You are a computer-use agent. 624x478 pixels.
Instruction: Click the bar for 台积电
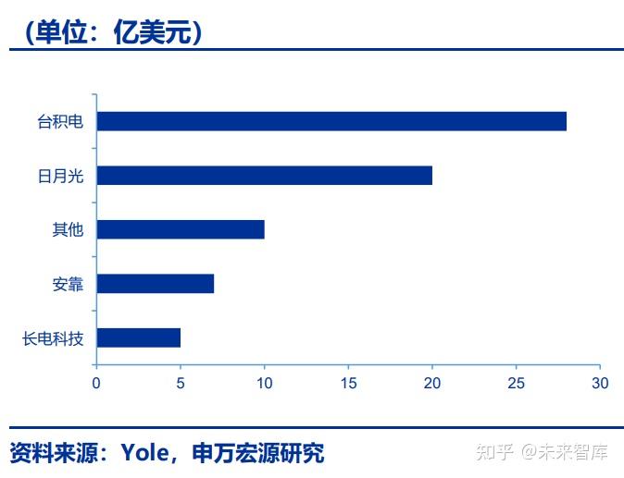coord(331,121)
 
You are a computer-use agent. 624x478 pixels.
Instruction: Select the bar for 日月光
coord(264,176)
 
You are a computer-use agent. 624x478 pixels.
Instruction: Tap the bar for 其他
coord(181,229)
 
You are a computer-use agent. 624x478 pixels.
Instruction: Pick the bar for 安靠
coord(155,284)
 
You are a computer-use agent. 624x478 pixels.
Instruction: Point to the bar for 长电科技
coord(138,337)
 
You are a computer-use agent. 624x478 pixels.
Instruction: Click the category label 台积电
coord(60,121)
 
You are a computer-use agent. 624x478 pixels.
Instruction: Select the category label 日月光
coord(60,176)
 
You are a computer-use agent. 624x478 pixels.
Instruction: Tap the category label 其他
coord(68,229)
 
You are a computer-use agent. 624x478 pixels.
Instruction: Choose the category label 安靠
coord(68,284)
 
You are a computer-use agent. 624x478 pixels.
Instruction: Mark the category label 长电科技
coord(53,338)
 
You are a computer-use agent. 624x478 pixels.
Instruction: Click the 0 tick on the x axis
coord(96,382)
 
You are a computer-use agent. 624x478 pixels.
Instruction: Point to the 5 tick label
coord(181,382)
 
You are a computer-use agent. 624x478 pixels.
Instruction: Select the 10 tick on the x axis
coord(264,382)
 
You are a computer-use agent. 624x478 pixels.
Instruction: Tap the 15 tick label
coord(348,382)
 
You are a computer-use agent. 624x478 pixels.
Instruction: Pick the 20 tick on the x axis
coord(432,382)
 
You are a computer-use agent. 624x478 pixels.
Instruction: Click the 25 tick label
coord(517,382)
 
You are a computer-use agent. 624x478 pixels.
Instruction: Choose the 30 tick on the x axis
coord(600,382)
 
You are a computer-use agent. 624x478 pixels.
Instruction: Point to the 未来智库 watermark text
coord(576,452)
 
